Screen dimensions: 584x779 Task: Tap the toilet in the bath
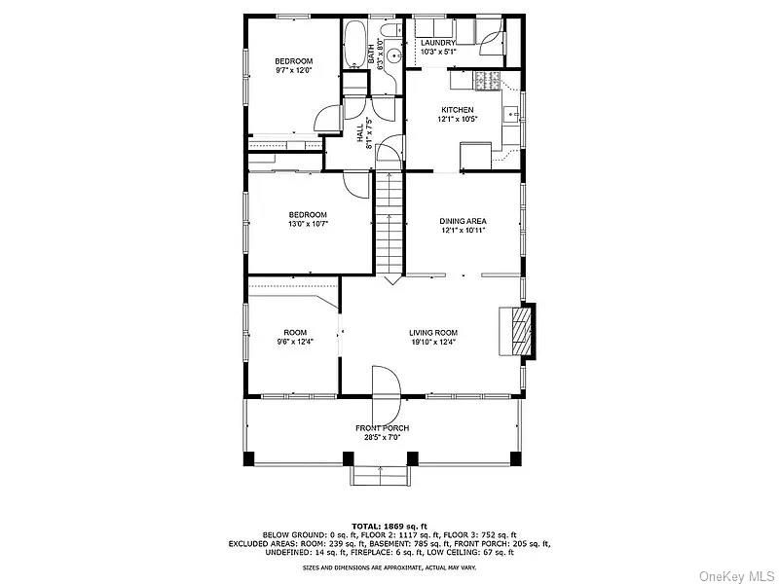tap(389, 37)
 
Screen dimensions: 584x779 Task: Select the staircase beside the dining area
tap(389, 224)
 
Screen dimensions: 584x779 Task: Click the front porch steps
tap(380, 474)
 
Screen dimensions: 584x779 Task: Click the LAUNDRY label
tap(438, 44)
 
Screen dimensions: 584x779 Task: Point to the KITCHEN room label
tap(458, 110)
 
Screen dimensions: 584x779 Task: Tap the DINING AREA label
tap(463, 221)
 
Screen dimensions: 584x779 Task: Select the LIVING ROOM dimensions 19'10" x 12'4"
tap(433, 342)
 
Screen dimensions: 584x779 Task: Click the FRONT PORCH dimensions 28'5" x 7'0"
tap(382, 438)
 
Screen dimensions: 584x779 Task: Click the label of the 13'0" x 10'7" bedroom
tap(307, 214)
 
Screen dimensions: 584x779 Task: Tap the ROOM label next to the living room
tap(295, 332)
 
